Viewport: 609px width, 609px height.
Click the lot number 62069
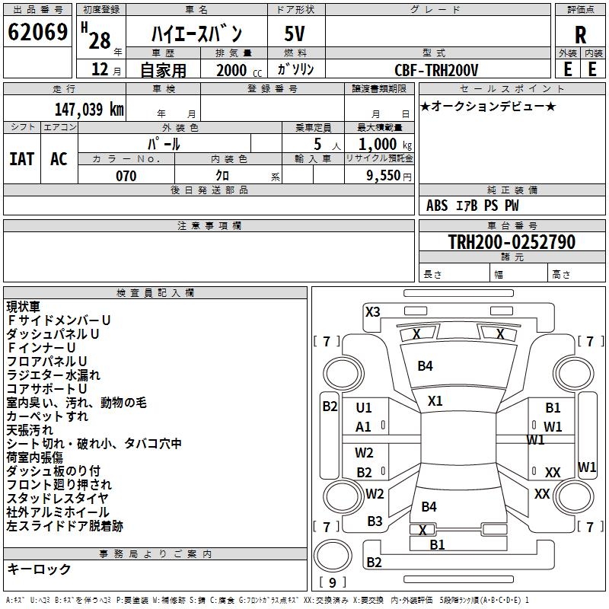[37, 32]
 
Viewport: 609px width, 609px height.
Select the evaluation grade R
[580, 35]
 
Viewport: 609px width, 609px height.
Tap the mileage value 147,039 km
[89, 109]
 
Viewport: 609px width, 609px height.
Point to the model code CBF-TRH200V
[436, 70]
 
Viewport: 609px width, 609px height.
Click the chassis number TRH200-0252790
[512, 241]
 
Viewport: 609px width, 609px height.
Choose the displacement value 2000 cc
[239, 70]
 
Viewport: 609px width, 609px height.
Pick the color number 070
[126, 176]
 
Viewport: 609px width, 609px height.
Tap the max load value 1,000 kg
[385, 145]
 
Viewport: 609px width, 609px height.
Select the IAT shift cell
[22, 159]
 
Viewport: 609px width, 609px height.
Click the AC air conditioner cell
[59, 159]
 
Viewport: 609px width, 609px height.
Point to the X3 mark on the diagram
[372, 312]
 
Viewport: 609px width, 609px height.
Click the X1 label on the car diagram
[435, 401]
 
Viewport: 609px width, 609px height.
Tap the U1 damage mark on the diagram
[364, 408]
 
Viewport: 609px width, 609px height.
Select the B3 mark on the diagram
[375, 521]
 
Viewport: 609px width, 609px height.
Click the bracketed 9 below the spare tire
[333, 582]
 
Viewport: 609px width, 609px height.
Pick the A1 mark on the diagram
[363, 427]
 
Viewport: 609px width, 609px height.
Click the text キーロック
[39, 569]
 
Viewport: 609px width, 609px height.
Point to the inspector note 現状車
[23, 307]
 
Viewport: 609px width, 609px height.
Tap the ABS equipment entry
[437, 206]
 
